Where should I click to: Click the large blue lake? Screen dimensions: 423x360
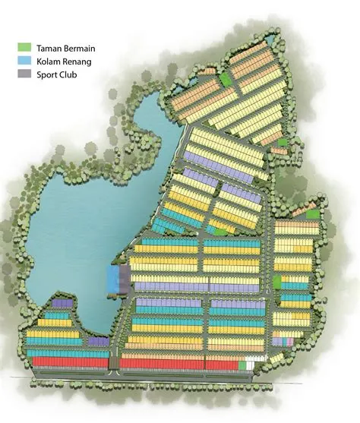(x=68, y=220)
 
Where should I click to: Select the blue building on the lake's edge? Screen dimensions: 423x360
(x=118, y=277)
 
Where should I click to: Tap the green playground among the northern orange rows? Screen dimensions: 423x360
(x=226, y=78)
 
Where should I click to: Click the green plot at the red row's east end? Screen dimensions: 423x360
(x=243, y=365)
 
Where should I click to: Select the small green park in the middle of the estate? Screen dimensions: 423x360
(x=219, y=230)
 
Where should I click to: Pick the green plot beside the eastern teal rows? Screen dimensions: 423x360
(x=278, y=283)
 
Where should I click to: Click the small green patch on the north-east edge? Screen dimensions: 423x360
(x=283, y=142)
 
